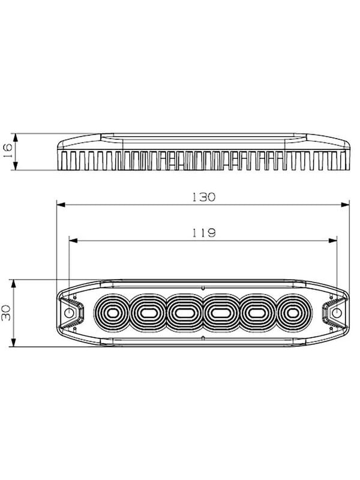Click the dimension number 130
203,197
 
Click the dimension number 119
204,233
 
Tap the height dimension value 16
7,150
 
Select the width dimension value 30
6,313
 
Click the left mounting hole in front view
70,313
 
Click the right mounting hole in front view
337,313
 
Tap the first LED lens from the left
112,313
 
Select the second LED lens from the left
148,313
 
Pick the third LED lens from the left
185,313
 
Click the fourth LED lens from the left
221,313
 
